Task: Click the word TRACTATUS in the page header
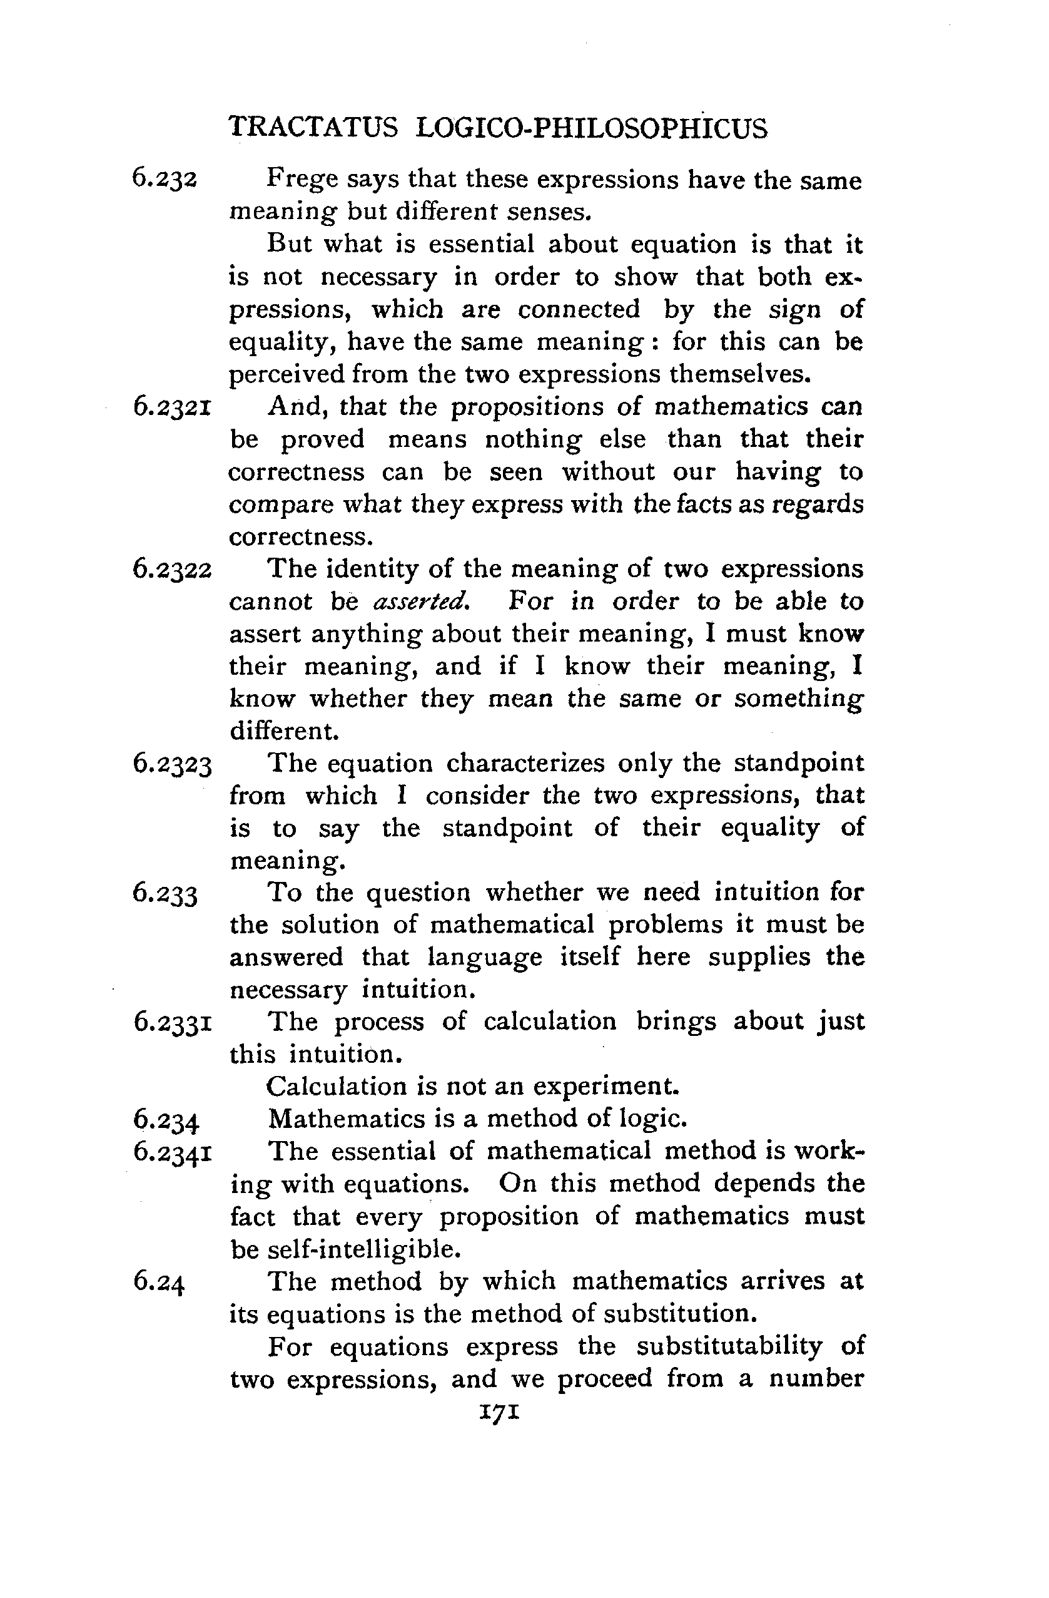coord(313,128)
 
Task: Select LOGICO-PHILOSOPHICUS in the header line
coord(591,128)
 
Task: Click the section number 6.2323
coord(173,764)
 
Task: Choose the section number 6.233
coord(165,894)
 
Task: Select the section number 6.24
coord(158,1282)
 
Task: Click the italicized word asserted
coord(421,600)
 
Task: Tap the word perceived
coord(286,373)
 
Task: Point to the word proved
coord(322,440)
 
